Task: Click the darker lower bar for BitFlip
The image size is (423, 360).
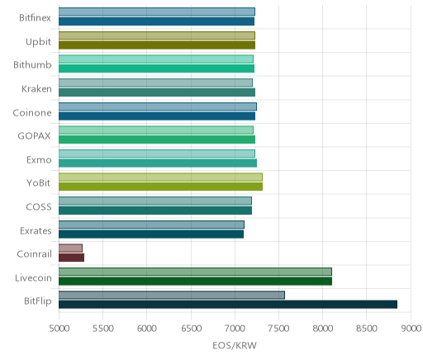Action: click(228, 305)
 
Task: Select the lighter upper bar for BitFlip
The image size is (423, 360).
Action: click(172, 295)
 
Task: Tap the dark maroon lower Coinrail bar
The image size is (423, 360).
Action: click(71, 258)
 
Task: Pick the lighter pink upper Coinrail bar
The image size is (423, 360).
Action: click(70, 248)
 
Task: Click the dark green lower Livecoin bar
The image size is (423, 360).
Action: click(195, 282)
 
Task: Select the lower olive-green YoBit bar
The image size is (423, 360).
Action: click(160, 187)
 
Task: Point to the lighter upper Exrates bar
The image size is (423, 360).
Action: click(151, 225)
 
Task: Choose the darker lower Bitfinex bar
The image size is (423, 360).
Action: click(156, 21)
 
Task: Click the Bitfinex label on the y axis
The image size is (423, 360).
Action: click(35, 18)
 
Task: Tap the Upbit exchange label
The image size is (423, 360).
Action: click(38, 42)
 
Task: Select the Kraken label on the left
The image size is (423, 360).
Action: click(36, 89)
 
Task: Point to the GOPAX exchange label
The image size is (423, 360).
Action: click(34, 136)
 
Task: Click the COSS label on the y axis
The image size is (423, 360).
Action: click(39, 207)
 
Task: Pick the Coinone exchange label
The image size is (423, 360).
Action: click(32, 112)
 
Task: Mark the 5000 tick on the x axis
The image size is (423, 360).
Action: click(59, 329)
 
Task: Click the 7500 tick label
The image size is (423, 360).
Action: click(279, 329)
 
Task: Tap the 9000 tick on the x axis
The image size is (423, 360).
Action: click(411, 329)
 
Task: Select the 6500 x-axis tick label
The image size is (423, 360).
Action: click(191, 329)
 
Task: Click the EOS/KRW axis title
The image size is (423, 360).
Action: click(235, 345)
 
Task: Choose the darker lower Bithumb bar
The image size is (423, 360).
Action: click(156, 69)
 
